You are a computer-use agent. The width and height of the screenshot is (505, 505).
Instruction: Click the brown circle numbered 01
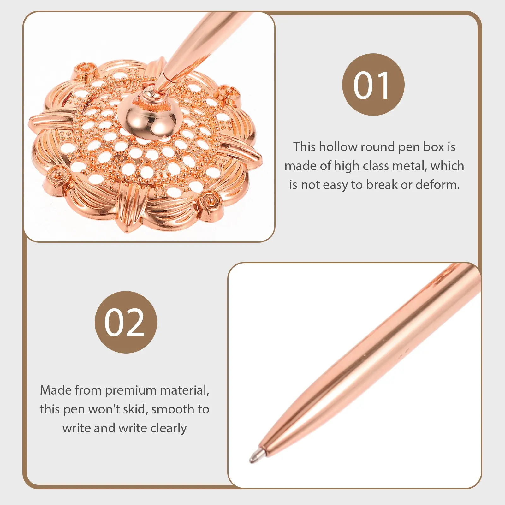click(x=373, y=85)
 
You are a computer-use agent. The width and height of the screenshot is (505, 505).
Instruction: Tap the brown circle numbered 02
click(x=126, y=322)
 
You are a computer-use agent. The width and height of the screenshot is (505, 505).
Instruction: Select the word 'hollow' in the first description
click(x=338, y=147)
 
